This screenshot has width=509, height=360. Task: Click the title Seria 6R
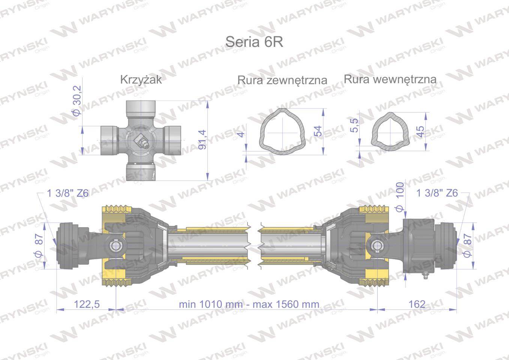coord(254,42)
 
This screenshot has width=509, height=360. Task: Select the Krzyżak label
coord(141,80)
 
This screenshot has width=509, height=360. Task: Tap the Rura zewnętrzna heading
coord(282,80)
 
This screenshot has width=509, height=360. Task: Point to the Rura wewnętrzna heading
coord(390,79)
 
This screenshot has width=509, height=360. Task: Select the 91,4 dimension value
coord(202,139)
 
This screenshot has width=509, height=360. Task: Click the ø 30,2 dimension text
coord(77,100)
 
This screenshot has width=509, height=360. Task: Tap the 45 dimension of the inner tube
coord(420,132)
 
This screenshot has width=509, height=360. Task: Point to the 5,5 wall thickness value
coord(354,125)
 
